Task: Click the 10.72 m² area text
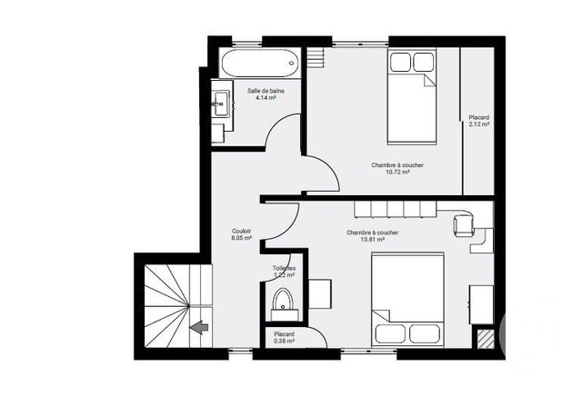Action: [396, 173]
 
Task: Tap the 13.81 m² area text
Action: [372, 241]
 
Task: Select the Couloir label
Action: [241, 231]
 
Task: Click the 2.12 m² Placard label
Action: [478, 125]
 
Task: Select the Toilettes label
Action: [284, 269]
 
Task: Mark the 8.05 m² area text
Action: [241, 238]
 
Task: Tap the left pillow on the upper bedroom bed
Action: [400, 63]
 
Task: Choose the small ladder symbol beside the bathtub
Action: [316, 59]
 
